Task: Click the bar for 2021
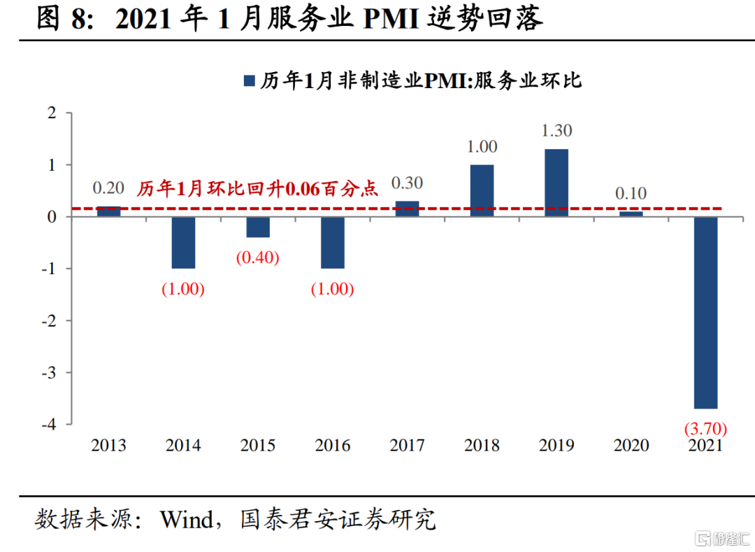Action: pyautogui.click(x=705, y=312)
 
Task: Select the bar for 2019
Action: pyautogui.click(x=556, y=183)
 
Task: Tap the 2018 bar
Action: pyautogui.click(x=482, y=190)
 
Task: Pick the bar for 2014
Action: pyautogui.click(x=183, y=243)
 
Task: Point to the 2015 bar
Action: pyautogui.click(x=258, y=227)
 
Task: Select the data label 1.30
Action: pyautogui.click(x=556, y=131)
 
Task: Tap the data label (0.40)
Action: pyautogui.click(x=258, y=257)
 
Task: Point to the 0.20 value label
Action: pyautogui.click(x=108, y=187)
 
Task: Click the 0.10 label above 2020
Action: pyautogui.click(x=631, y=193)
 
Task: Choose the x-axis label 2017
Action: pyautogui.click(x=407, y=446)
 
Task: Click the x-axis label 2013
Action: pyautogui.click(x=108, y=446)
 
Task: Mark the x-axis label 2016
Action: pyautogui.click(x=333, y=446)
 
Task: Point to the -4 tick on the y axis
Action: pyautogui.click(x=48, y=424)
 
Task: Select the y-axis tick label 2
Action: pyautogui.click(x=51, y=113)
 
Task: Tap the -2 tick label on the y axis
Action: pyautogui.click(x=48, y=320)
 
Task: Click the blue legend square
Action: pyautogui.click(x=248, y=81)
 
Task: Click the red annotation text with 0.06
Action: pyautogui.click(x=257, y=189)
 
